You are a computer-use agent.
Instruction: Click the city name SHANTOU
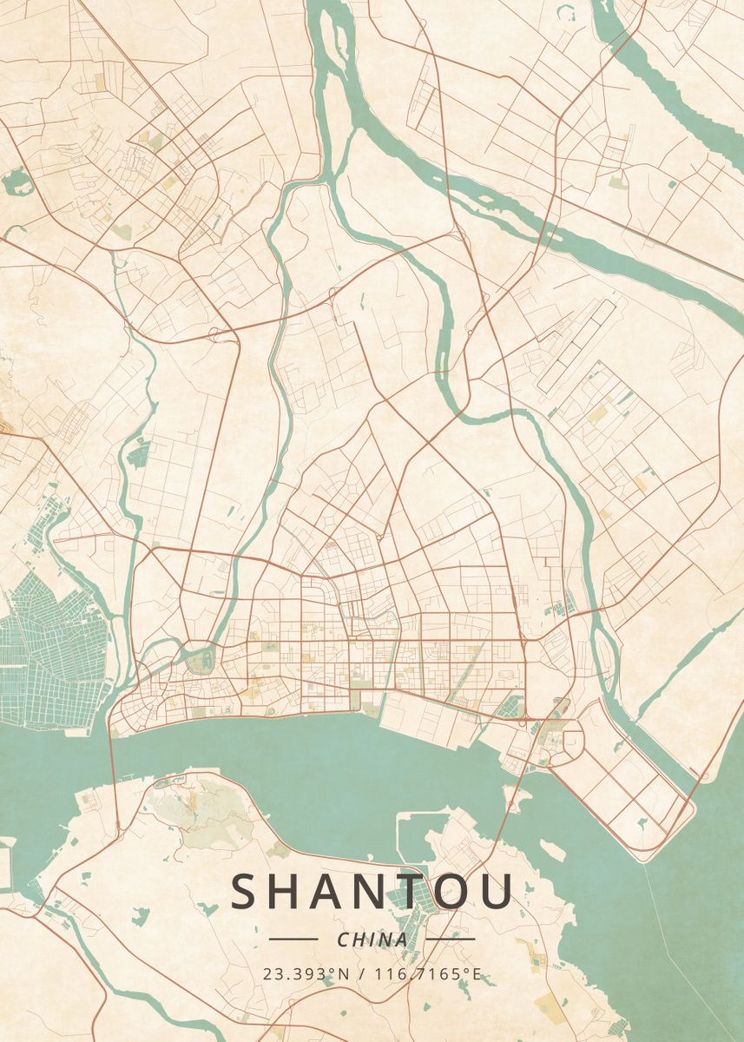click(x=372, y=892)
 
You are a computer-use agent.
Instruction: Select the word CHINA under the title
click(x=372, y=940)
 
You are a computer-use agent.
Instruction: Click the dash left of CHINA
click(x=293, y=939)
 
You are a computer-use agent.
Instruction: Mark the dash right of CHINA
click(x=451, y=939)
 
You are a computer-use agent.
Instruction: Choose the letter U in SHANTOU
click(x=496, y=892)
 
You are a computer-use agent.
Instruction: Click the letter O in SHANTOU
click(x=449, y=892)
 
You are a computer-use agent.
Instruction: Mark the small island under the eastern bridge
click(x=513, y=794)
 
